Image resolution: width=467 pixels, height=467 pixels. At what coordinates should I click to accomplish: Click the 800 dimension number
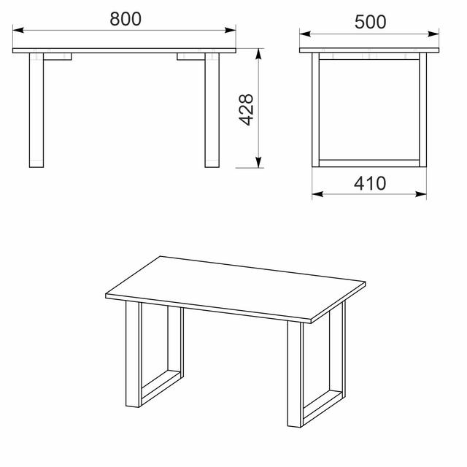click(126, 19)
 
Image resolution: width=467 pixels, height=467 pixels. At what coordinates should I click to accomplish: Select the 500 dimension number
click(370, 22)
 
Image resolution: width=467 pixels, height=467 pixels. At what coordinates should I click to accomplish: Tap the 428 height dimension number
click(247, 110)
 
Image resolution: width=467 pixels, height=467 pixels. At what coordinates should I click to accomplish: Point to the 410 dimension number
click(370, 183)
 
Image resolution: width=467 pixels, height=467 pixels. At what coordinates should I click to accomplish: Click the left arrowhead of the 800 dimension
click(18, 30)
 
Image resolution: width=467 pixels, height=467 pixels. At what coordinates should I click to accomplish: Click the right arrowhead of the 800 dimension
click(231, 30)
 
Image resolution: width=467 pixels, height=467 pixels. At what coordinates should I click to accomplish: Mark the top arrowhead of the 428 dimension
click(258, 54)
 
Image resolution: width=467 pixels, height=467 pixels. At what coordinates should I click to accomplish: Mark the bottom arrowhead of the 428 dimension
click(258, 162)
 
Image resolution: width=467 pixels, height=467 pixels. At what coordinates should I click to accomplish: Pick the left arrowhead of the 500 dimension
click(305, 34)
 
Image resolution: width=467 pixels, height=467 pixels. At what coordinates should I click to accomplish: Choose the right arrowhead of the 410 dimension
click(421, 194)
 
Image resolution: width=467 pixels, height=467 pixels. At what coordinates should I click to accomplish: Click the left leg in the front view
click(36, 110)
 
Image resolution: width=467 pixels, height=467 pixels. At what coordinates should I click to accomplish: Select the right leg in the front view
click(212, 110)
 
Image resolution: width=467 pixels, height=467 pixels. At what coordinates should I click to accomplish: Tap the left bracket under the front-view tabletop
click(58, 57)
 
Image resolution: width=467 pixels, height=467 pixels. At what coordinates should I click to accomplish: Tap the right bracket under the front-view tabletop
click(191, 57)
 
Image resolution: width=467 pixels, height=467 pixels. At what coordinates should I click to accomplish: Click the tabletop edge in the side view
click(369, 50)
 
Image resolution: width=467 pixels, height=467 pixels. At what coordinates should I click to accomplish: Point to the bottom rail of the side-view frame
click(369, 163)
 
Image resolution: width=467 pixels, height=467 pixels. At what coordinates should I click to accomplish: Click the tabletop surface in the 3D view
click(235, 287)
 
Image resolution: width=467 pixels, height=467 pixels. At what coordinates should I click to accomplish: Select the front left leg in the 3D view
click(133, 354)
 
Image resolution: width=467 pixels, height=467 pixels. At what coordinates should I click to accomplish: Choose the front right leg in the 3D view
click(295, 374)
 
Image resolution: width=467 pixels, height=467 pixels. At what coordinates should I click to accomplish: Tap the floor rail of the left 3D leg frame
click(161, 388)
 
